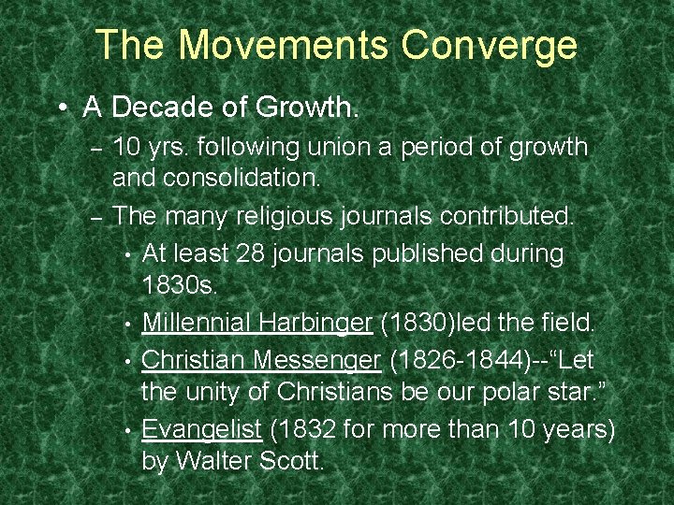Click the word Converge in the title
[x=490, y=45]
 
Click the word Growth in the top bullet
[x=301, y=108]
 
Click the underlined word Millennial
[x=197, y=323]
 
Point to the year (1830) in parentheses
[x=412, y=323]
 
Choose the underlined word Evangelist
[x=202, y=429]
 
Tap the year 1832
[x=304, y=429]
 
